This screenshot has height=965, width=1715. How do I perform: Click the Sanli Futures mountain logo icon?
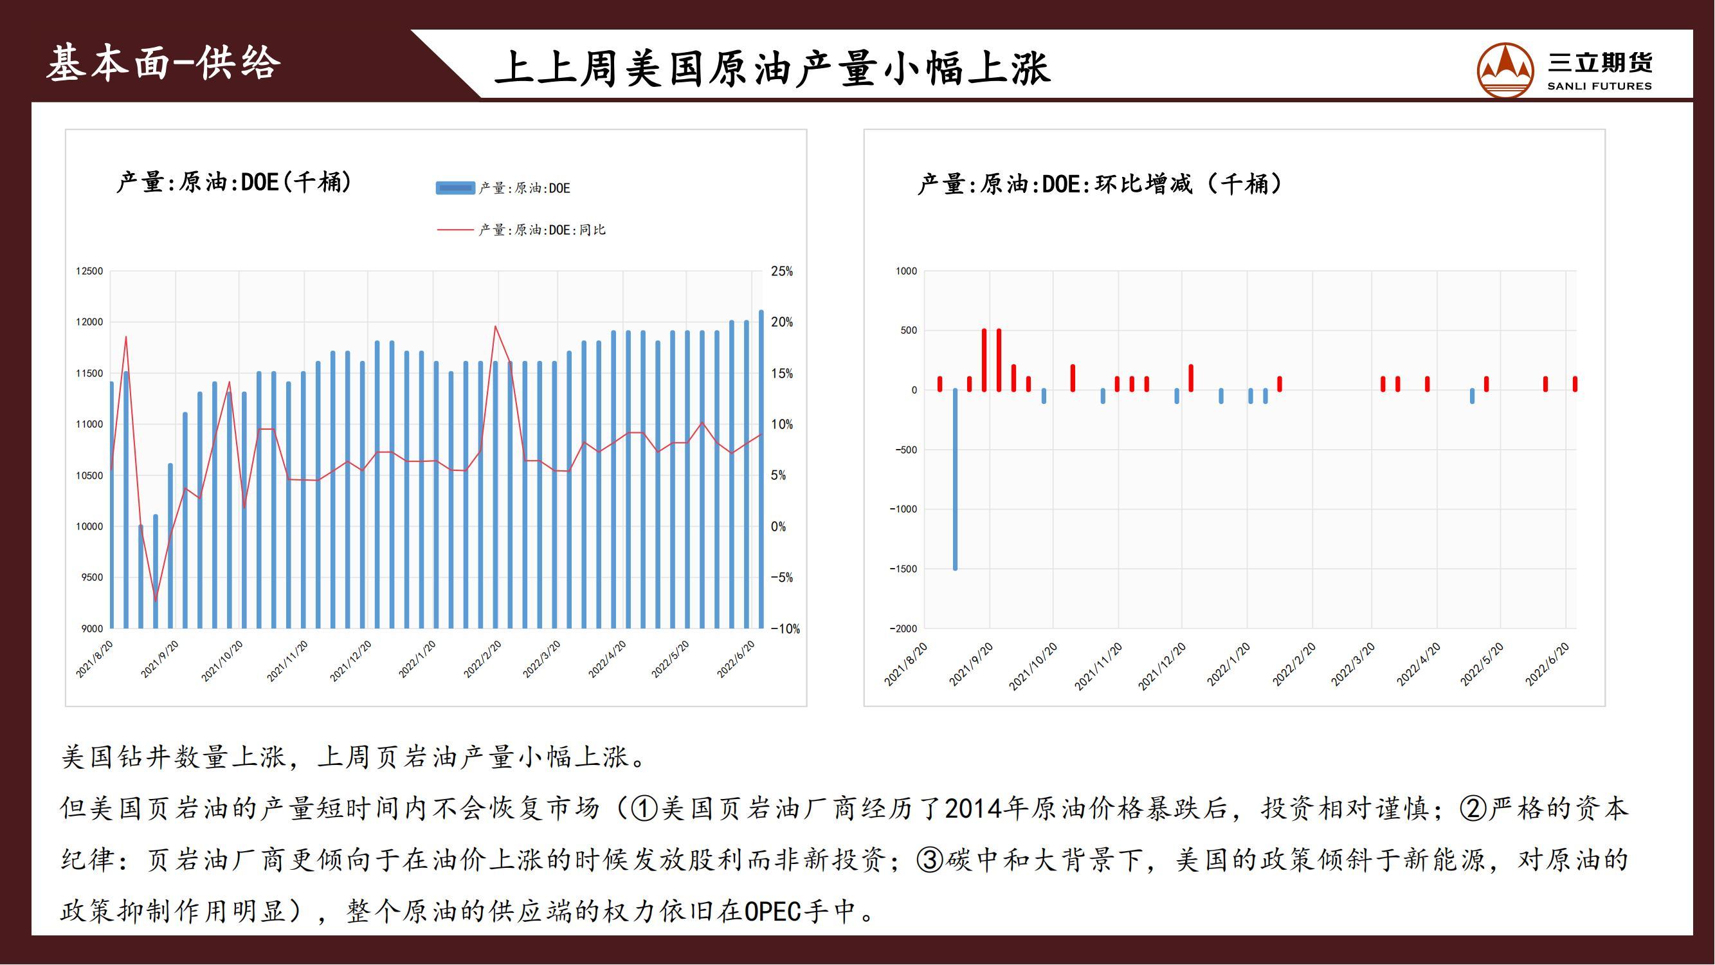click(x=1505, y=70)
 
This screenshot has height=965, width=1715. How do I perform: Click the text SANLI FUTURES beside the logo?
click(x=1599, y=86)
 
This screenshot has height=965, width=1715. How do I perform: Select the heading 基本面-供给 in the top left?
click(x=164, y=64)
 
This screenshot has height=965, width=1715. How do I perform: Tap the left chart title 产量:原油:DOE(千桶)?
click(x=233, y=182)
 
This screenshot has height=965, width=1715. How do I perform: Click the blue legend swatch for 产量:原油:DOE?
click(x=455, y=188)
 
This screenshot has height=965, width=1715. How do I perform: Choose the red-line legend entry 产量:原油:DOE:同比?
click(x=522, y=230)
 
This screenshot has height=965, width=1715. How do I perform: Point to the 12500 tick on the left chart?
click(x=89, y=271)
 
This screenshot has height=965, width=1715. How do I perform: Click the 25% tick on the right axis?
click(x=781, y=271)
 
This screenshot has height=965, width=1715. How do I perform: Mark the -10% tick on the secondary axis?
click(x=785, y=629)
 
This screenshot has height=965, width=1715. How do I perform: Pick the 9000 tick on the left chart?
click(x=92, y=629)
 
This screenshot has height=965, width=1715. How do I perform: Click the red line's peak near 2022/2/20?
click(x=495, y=326)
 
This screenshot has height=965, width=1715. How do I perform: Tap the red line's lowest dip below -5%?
click(x=156, y=601)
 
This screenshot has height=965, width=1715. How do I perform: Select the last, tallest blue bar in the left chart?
click(x=761, y=470)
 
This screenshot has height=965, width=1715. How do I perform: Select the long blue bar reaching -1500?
click(x=955, y=479)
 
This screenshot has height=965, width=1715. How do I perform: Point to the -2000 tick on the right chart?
click(x=903, y=629)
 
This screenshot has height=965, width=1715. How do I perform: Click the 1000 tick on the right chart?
click(x=906, y=271)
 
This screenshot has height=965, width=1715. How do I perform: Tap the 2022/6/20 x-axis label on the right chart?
click(x=1548, y=664)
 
